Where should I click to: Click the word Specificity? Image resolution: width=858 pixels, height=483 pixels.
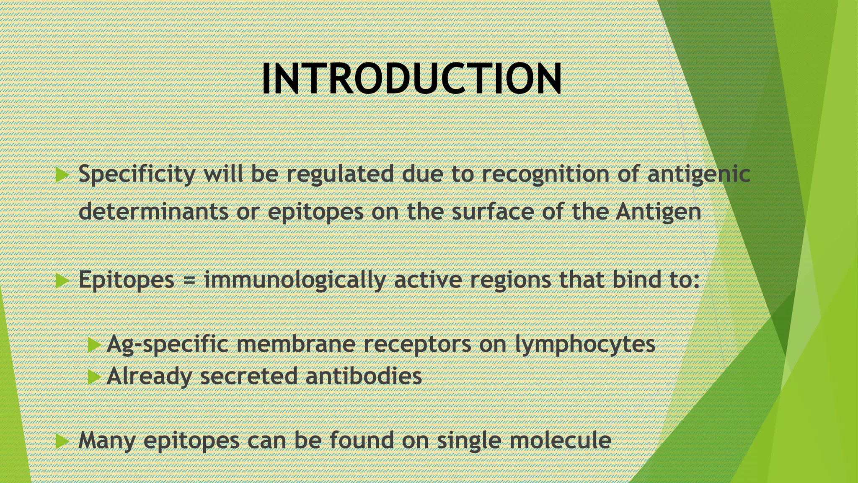tap(137, 174)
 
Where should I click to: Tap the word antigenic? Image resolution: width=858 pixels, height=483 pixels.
tap(698, 174)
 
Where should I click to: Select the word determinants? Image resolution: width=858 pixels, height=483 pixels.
tap(153, 211)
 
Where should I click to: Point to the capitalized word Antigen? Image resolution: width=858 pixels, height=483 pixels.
tap(658, 212)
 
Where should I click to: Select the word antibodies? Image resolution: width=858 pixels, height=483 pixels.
tap(363, 376)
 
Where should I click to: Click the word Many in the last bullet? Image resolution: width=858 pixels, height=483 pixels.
tap(107, 440)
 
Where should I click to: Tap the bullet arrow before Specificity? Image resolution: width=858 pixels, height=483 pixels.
tap(62, 175)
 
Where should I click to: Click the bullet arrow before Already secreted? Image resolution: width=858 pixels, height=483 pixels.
tap(95, 377)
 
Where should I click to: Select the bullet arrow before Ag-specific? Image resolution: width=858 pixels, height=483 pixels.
tap(95, 345)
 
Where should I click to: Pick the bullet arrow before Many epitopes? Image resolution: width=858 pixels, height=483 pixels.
tap(62, 441)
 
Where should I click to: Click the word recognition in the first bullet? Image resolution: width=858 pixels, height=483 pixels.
tap(545, 174)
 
